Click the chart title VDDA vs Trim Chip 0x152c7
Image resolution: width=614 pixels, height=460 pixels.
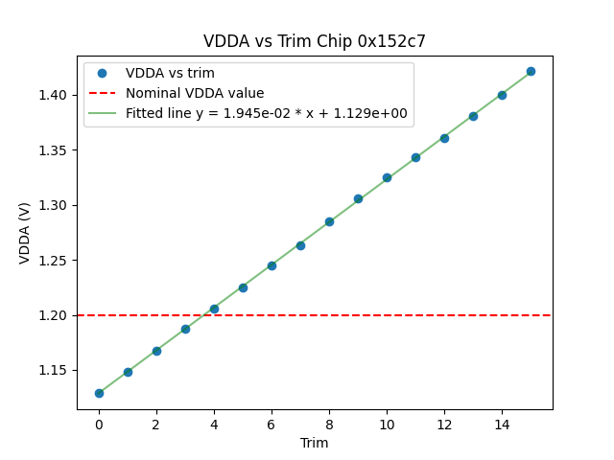point(315,41)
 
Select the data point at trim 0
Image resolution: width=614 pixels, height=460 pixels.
point(99,393)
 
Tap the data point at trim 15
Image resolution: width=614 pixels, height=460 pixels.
point(531,71)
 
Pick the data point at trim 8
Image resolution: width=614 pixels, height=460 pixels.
point(329,221)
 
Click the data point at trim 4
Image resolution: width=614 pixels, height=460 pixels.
point(214,309)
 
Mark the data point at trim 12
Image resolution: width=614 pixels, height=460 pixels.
point(444,138)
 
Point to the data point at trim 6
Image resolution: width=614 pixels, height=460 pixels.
point(272,265)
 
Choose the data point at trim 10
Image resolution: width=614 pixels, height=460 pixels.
point(387,177)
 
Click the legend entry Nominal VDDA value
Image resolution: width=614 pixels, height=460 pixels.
point(195,94)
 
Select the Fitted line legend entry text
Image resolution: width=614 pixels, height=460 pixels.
point(267,113)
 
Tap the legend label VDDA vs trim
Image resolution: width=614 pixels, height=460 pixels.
point(171,74)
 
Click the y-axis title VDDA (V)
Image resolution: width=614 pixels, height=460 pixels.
point(26,233)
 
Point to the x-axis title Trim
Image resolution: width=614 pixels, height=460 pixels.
point(315,443)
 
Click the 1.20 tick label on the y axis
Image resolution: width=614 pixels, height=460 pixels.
point(56,315)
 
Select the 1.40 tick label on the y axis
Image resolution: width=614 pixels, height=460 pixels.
point(56,96)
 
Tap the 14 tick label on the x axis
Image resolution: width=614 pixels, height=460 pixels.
point(502,423)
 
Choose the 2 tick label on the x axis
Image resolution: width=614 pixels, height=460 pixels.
point(156,423)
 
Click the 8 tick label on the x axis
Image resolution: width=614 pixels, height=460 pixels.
point(329,423)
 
